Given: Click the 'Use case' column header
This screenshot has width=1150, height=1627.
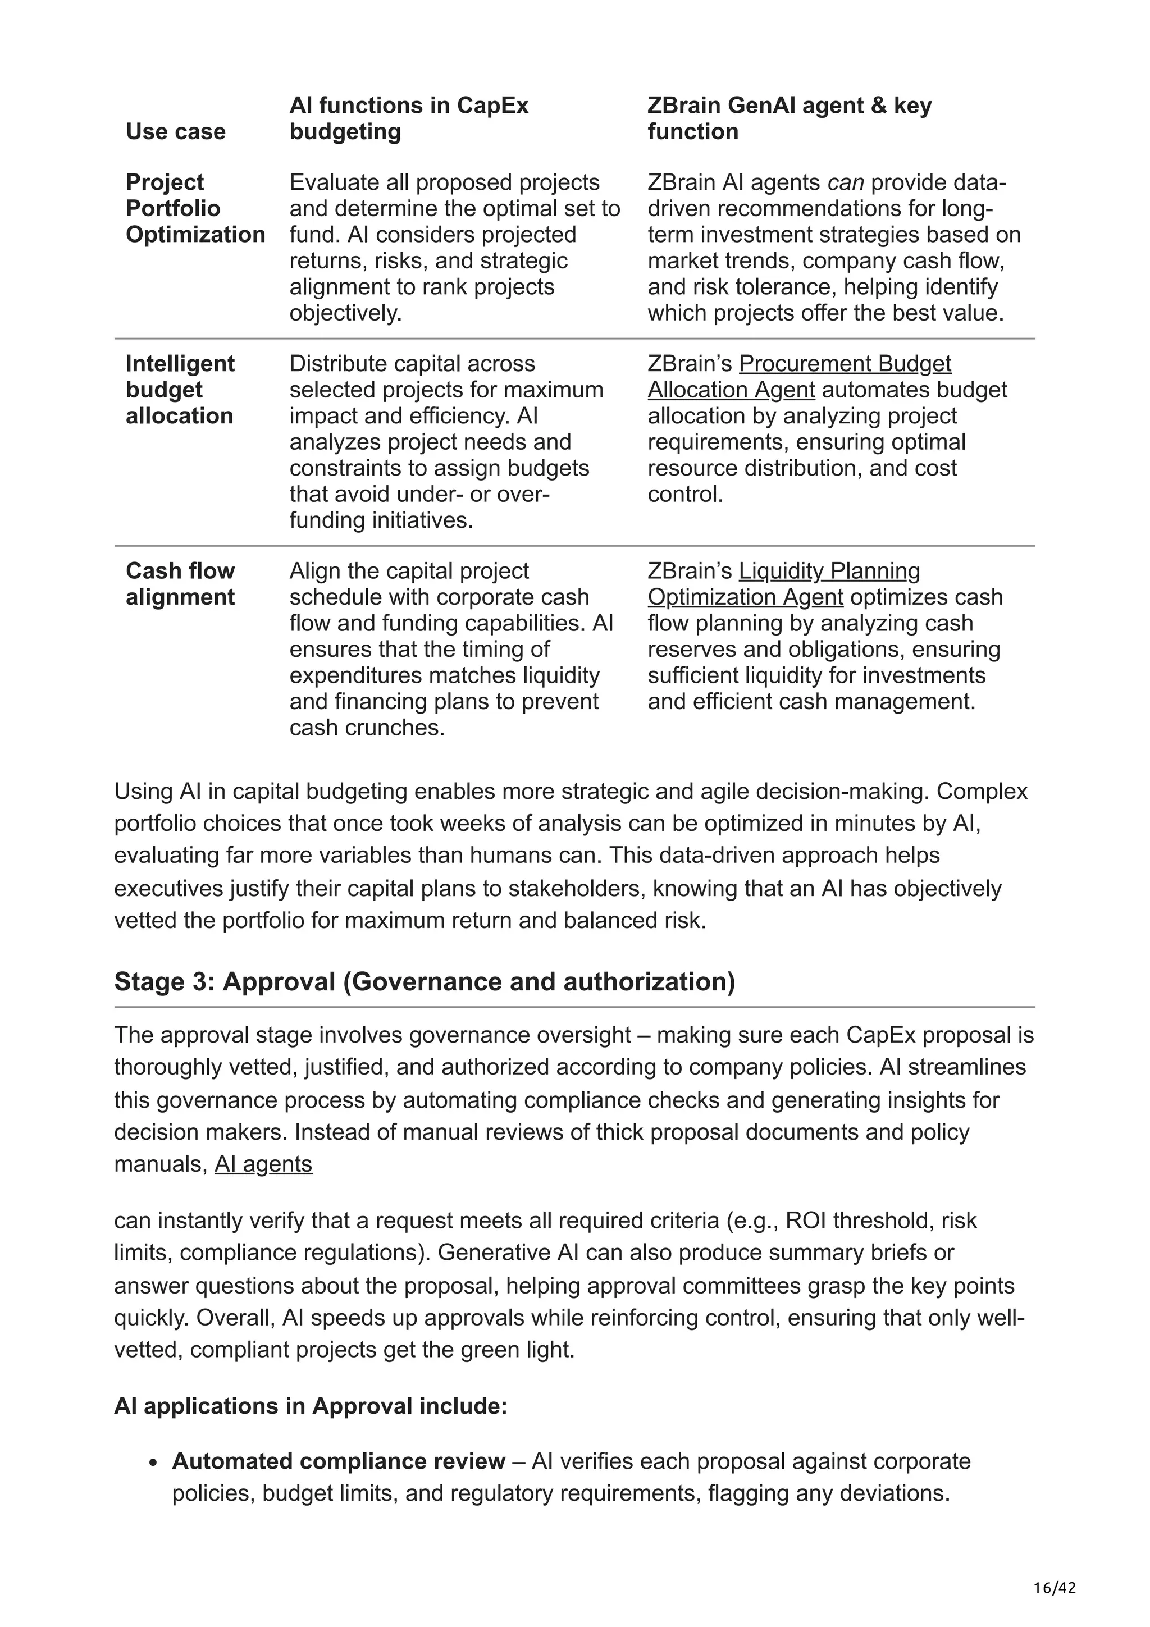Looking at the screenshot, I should pyautogui.click(x=175, y=131).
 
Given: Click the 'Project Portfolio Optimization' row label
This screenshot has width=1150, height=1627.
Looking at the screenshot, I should pyautogui.click(x=195, y=208).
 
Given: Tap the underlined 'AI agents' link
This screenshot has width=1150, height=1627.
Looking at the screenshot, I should pyautogui.click(x=263, y=1164).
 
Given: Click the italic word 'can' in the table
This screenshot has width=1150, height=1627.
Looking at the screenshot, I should pyautogui.click(x=845, y=183).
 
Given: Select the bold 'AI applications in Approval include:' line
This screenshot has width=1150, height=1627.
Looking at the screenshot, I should pyautogui.click(x=311, y=1406).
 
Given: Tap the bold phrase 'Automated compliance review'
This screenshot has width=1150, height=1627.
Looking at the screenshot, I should pyautogui.click(x=339, y=1461).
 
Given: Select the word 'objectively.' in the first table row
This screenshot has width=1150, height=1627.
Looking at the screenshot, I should pyautogui.click(x=345, y=313).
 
